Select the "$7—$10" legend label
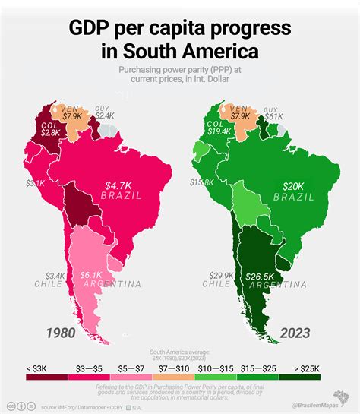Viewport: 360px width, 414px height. tap(179, 367)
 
